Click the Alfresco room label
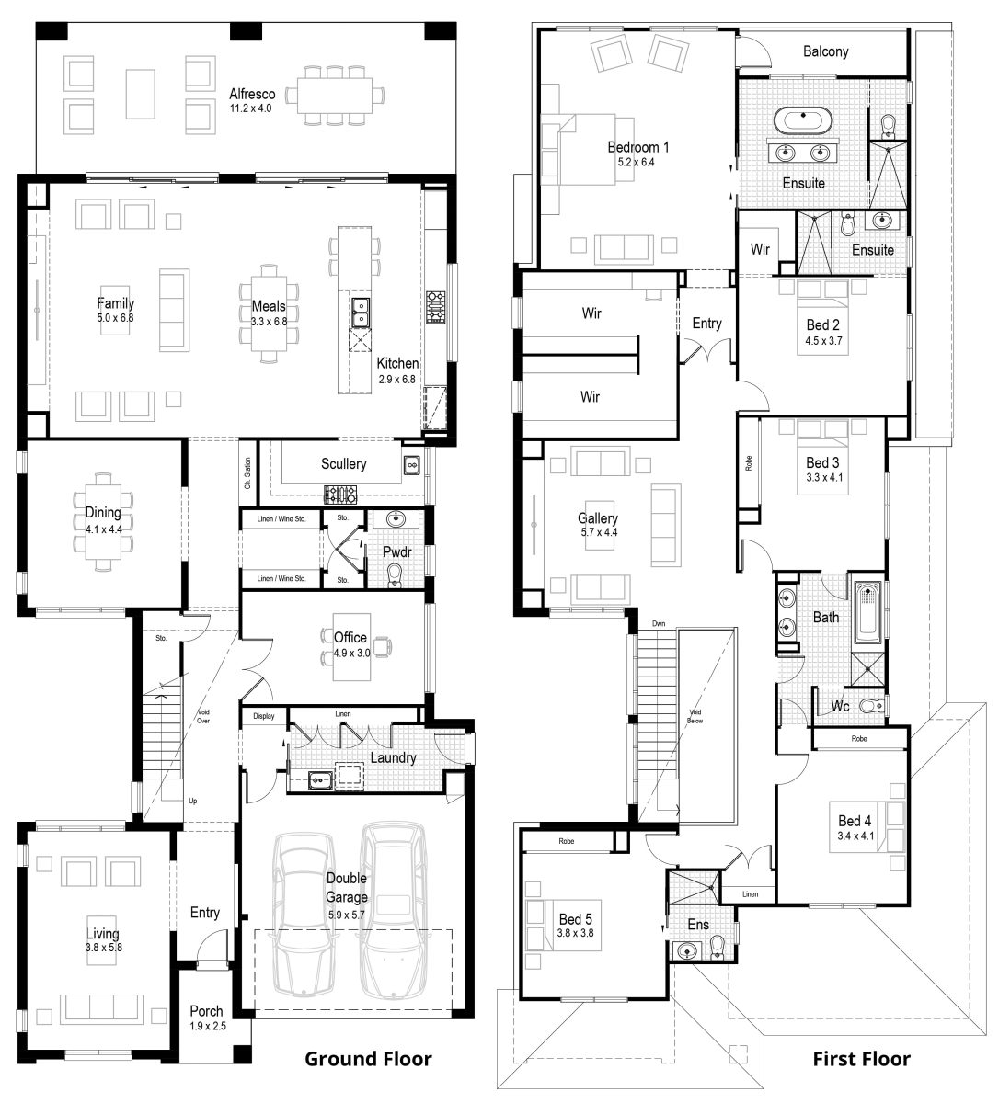point(252,94)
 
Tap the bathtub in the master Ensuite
point(803,119)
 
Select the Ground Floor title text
point(368,1059)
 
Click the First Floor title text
point(861,1059)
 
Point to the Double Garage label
point(347,888)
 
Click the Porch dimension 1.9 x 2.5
point(206,1026)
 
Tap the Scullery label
point(343,464)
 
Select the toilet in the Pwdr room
point(396,574)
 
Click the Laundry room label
point(393,758)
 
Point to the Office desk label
point(350,637)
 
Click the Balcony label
point(825,51)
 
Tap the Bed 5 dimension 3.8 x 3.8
point(576,933)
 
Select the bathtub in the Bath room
point(867,613)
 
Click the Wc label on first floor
point(839,706)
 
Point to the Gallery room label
point(598,518)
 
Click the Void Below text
point(695,723)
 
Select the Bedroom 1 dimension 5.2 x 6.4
point(637,162)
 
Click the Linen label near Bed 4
point(750,893)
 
